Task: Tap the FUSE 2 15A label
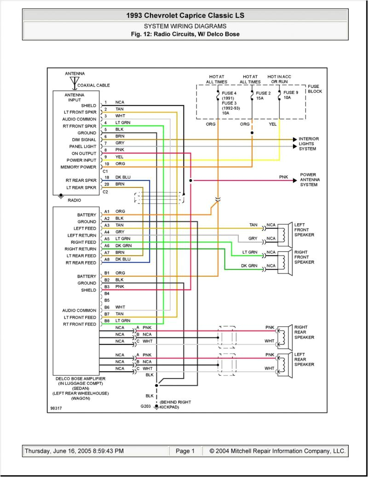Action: (264, 96)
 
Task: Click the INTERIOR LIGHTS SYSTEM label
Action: (309, 144)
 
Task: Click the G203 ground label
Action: (145, 407)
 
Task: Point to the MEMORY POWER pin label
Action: (81, 167)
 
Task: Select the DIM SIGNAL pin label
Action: (84, 140)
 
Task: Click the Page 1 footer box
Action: (185, 451)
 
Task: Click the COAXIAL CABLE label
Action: (94, 85)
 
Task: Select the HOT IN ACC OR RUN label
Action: (280, 79)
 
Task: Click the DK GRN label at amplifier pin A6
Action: (123, 246)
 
